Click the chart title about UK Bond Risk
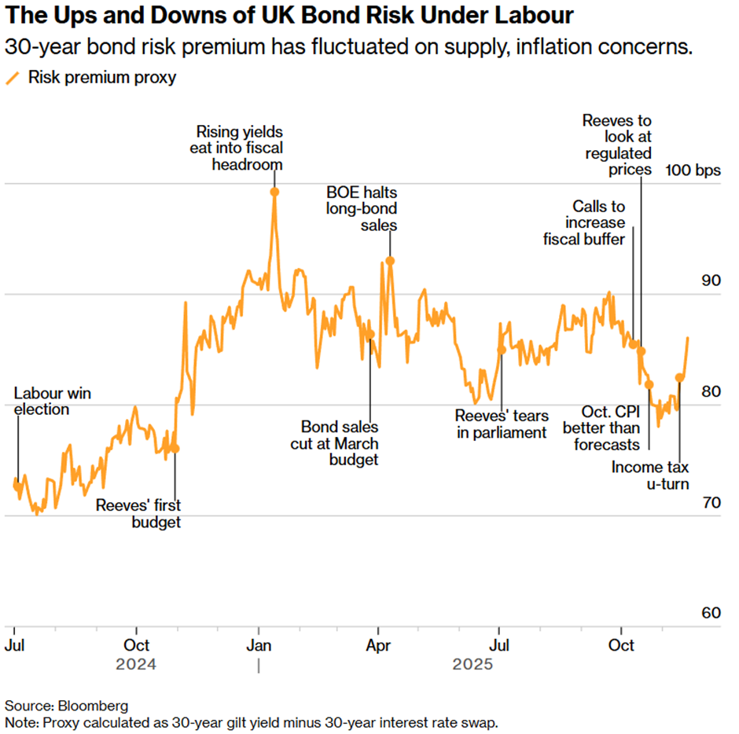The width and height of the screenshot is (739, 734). [x=289, y=17]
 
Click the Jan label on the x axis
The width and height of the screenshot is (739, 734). [x=259, y=646]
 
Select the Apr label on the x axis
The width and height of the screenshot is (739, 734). [x=381, y=646]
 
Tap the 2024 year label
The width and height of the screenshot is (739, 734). [x=137, y=665]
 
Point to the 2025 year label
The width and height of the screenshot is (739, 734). [x=472, y=665]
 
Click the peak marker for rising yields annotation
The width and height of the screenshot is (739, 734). [x=274, y=192]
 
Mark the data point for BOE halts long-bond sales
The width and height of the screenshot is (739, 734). [x=390, y=261]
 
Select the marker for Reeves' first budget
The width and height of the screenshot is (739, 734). [x=175, y=449]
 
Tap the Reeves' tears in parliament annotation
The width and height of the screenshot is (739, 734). [x=502, y=424]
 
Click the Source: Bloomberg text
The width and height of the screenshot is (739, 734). [x=66, y=705]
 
